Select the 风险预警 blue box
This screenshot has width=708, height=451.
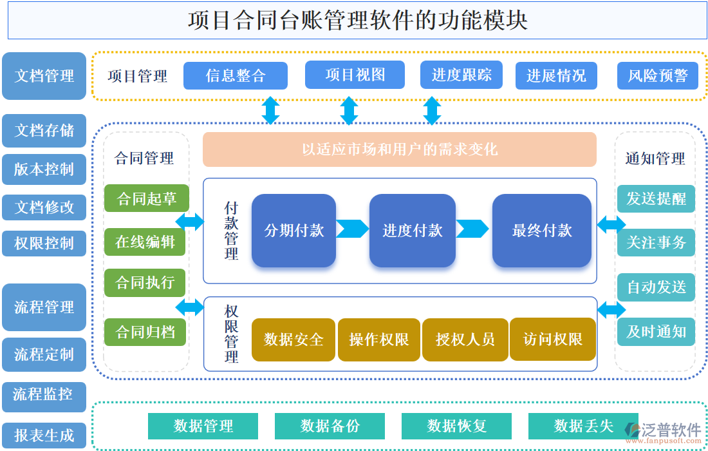[657, 75]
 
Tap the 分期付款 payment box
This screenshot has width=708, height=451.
[293, 230]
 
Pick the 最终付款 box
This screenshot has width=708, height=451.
[541, 230]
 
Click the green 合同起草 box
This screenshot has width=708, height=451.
[147, 198]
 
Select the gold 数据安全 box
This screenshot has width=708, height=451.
[293, 339]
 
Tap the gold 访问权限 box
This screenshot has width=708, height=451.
[553, 339]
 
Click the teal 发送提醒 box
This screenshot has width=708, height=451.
[656, 198]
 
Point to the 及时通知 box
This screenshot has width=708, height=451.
[656, 332]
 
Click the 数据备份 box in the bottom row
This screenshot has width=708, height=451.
[330, 426]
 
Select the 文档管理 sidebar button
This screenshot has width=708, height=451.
[44, 76]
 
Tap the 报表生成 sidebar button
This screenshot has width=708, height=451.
[44, 436]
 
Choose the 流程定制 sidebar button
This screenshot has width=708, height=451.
[44, 354]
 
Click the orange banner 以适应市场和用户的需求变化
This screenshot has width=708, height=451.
[399, 149]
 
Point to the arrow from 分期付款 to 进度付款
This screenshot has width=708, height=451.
[352, 229]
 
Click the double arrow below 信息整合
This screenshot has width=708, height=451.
[270, 110]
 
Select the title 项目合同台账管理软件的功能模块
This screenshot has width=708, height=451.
[357, 20]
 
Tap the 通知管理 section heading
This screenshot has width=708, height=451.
[655, 158]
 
